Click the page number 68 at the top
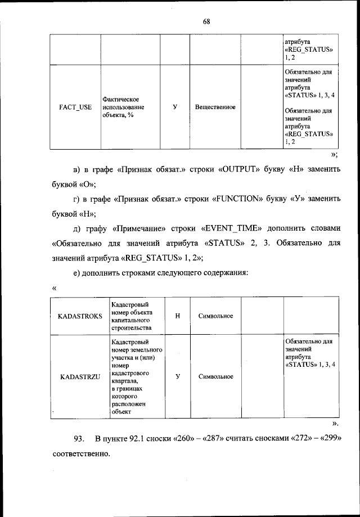[x=206, y=22]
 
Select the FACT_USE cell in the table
[x=75, y=107]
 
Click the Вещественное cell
[x=215, y=107]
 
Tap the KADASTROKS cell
[x=80, y=316]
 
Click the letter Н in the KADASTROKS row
[x=178, y=316]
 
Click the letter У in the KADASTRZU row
[x=178, y=377]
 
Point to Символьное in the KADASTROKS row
[x=215, y=316]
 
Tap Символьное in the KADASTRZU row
[x=215, y=377]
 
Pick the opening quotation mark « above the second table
[x=54, y=288]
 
